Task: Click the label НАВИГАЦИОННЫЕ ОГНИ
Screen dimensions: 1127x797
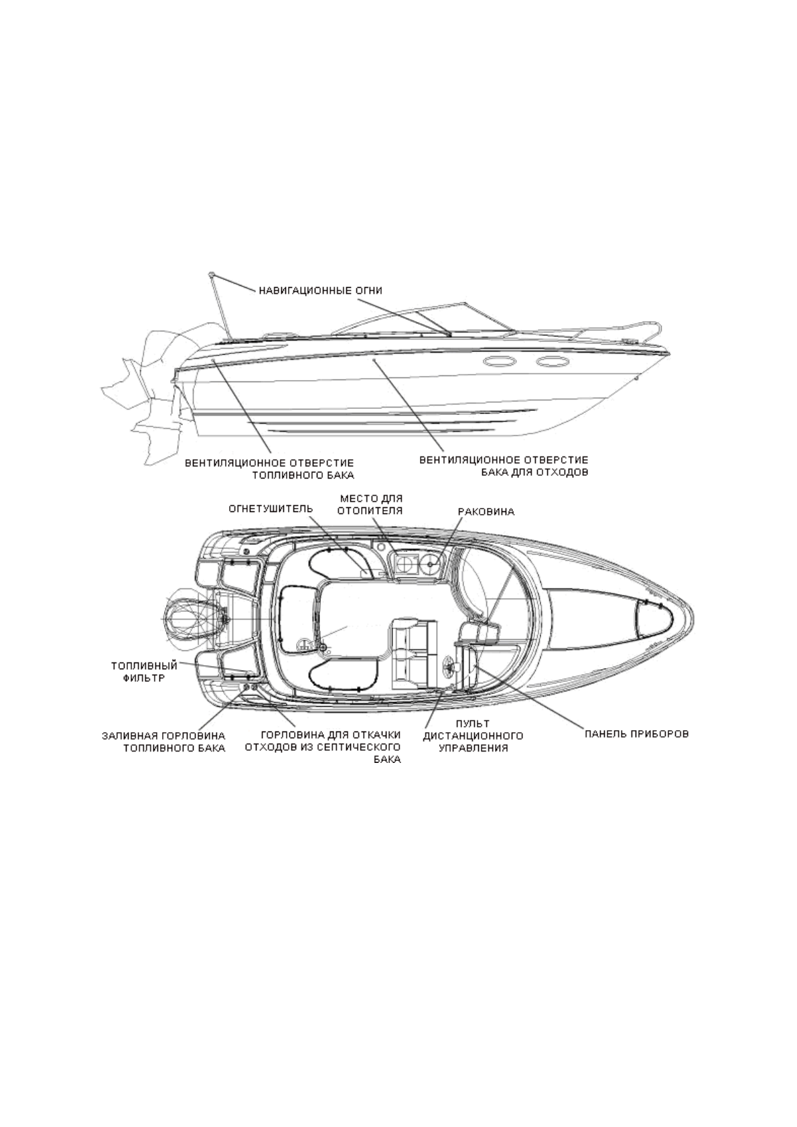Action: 320,290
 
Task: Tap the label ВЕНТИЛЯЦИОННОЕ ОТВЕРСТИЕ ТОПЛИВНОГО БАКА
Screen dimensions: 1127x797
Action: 269,468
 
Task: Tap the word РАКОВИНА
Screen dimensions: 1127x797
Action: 486,512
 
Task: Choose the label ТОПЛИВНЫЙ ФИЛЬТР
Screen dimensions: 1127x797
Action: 144,671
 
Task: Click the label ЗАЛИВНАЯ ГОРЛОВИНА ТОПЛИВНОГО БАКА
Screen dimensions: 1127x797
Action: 163,742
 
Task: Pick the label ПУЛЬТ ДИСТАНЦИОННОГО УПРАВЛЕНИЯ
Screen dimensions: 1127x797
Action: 473,735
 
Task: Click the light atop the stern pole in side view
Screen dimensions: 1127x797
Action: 212,274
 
